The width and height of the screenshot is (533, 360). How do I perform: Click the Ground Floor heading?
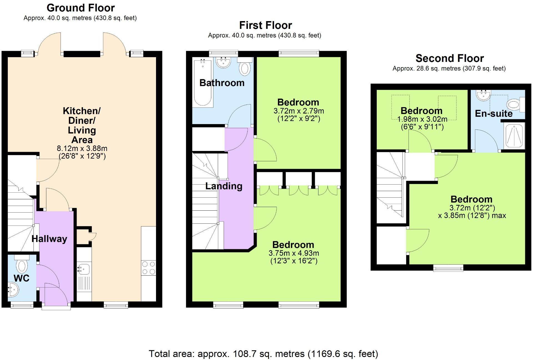coord(81,8)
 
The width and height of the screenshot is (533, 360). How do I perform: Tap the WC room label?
coord(21,278)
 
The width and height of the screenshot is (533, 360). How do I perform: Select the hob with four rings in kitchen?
coord(149,268)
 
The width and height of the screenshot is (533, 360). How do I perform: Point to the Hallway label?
coord(49,239)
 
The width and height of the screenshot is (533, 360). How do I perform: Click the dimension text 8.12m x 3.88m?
coord(82,148)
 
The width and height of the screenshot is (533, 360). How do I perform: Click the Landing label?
coord(224,186)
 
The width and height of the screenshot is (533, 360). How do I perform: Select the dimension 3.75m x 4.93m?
coord(294,253)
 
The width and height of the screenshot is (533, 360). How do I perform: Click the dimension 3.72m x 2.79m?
coord(299,111)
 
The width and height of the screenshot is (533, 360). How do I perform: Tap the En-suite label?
coord(494,114)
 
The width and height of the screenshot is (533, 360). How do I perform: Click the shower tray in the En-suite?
coord(514,135)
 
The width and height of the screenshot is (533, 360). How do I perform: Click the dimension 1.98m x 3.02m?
coord(422,120)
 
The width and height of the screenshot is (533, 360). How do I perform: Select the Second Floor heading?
coord(449,58)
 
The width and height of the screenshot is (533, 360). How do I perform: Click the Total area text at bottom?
coord(263,354)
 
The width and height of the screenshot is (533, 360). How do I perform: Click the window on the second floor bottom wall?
coord(448,268)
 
